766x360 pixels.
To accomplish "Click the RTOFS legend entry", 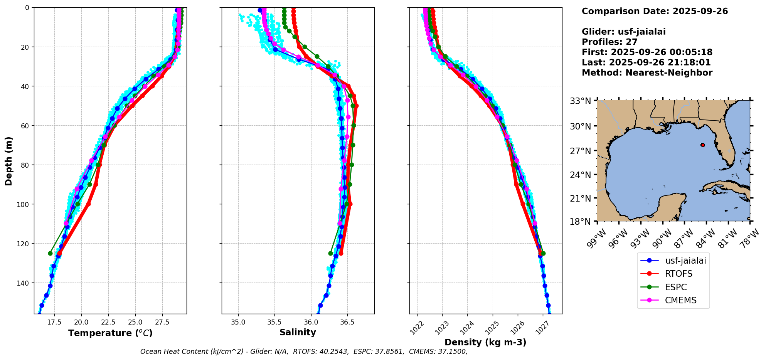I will [x=678, y=274].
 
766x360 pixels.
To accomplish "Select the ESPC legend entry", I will [x=676, y=287].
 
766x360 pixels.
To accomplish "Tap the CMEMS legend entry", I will [x=680, y=301].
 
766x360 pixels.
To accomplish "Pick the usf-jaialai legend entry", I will [x=685, y=261].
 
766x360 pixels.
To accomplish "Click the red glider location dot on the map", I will [x=702, y=145].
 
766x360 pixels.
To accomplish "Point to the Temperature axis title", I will [x=110, y=333].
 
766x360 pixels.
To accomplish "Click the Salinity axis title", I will [x=298, y=333].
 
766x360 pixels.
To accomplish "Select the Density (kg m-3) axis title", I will [x=485, y=342].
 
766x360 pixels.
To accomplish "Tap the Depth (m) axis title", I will [x=9, y=161].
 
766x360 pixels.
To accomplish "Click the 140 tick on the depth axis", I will [x=24, y=283].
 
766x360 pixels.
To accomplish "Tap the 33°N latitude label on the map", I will [x=580, y=101].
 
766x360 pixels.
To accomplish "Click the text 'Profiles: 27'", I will [x=609, y=42].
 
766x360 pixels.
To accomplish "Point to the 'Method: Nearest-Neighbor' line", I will [x=647, y=73].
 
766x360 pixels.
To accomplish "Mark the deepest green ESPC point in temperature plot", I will [x=50, y=253].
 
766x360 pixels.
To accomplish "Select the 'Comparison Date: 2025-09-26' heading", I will [x=655, y=11].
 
